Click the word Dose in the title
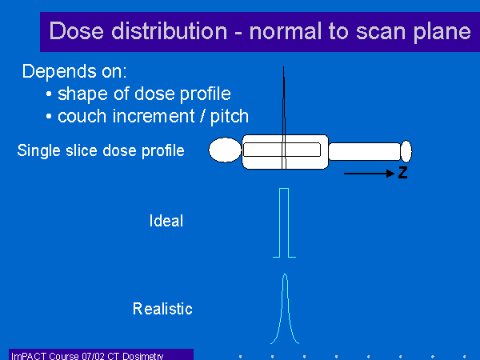pyautogui.click(x=77, y=30)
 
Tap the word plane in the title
pyautogui.click(x=442, y=32)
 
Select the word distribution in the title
pyautogui.click(x=170, y=30)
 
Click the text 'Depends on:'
pyautogui.click(x=74, y=71)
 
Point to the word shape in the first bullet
pyautogui.click(x=82, y=94)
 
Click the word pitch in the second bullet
pyautogui.click(x=230, y=116)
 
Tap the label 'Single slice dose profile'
pyautogui.click(x=101, y=150)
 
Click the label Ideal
pyautogui.click(x=166, y=221)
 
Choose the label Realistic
pyautogui.click(x=162, y=309)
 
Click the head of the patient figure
pyautogui.click(x=226, y=150)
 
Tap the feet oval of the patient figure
pyautogui.click(x=406, y=151)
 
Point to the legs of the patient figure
pyautogui.click(x=365, y=151)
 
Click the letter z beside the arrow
pyautogui.click(x=403, y=173)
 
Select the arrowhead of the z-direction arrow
pyautogui.click(x=390, y=174)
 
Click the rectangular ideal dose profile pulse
pyautogui.click(x=284, y=189)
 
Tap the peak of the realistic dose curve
pyautogui.click(x=285, y=274)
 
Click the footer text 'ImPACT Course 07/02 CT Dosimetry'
pyautogui.click(x=87, y=356)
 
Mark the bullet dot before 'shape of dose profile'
pyautogui.click(x=49, y=94)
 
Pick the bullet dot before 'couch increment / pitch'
pyautogui.click(x=49, y=117)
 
